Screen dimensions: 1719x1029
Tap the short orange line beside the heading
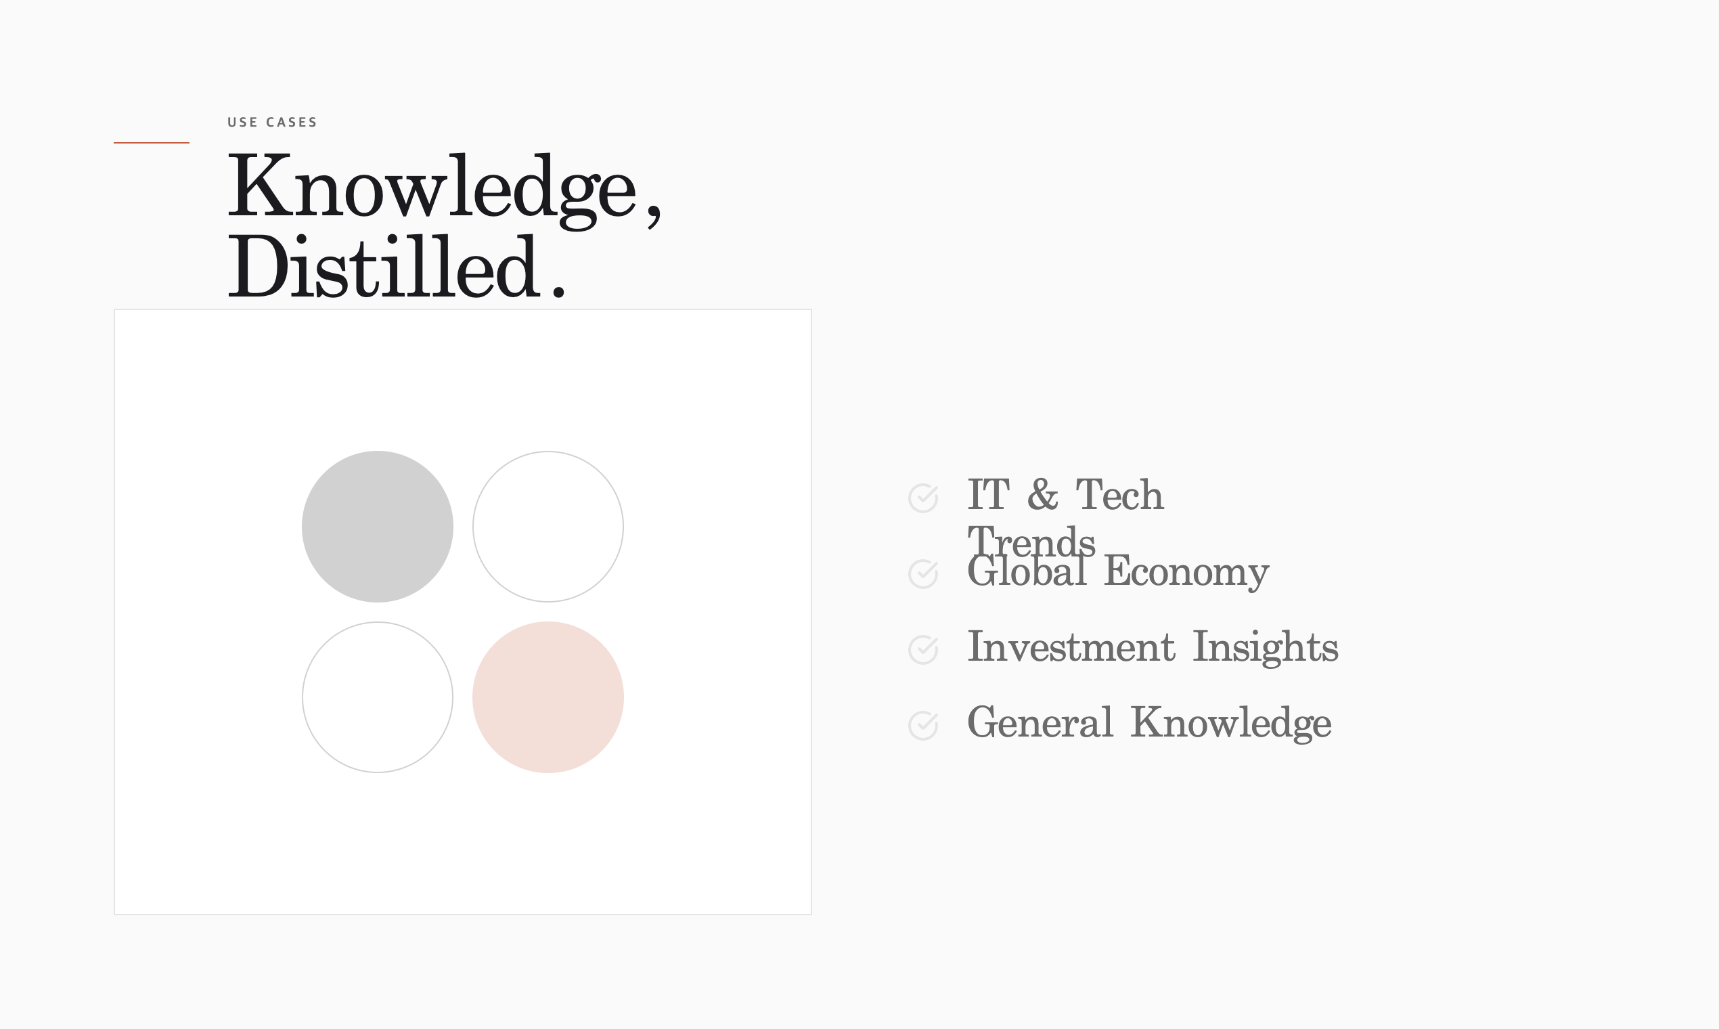151,143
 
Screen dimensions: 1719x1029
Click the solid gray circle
378,526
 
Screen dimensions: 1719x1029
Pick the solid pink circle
548,697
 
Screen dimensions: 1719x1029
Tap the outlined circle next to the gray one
548,452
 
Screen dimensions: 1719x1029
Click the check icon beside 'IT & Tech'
923,498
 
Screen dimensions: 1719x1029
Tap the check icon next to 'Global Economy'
923,573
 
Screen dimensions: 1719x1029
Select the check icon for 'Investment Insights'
923,650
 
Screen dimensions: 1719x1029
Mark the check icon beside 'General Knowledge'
923,725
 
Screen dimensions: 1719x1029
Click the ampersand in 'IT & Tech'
1042,495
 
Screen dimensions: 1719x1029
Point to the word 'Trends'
1031,542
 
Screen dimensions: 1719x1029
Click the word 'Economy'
1186,573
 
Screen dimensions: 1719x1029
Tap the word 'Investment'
1071,647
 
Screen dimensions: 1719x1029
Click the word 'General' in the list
1040,722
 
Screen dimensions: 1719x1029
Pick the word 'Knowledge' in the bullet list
1231,724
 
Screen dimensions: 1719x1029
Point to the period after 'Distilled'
559,292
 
